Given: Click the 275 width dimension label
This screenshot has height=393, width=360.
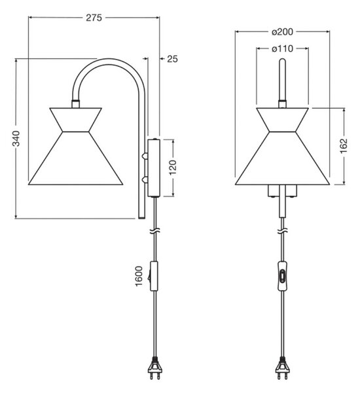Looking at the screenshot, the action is click(x=94, y=18).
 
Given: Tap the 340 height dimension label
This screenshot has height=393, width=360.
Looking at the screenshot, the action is click(x=16, y=138).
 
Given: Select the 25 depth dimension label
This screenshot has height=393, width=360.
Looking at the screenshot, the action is click(x=172, y=59).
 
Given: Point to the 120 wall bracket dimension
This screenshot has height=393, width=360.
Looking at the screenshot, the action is click(x=173, y=168).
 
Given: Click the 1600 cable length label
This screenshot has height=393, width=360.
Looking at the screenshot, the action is click(x=139, y=276).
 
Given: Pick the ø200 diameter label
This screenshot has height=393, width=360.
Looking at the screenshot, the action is click(x=282, y=32).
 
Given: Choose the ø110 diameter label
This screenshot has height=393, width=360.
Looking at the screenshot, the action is click(x=282, y=48).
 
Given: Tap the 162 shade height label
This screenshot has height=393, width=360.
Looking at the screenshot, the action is click(x=344, y=145).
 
